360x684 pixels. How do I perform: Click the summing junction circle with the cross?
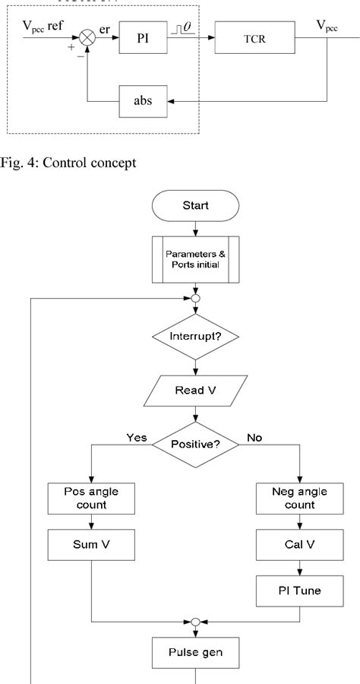tap(88, 37)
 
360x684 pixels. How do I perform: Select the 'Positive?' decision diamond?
tap(197, 444)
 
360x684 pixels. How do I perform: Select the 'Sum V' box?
tap(91, 545)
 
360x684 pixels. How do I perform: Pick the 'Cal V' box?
tap(301, 545)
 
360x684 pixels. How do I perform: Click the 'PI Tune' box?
tap(301, 591)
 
